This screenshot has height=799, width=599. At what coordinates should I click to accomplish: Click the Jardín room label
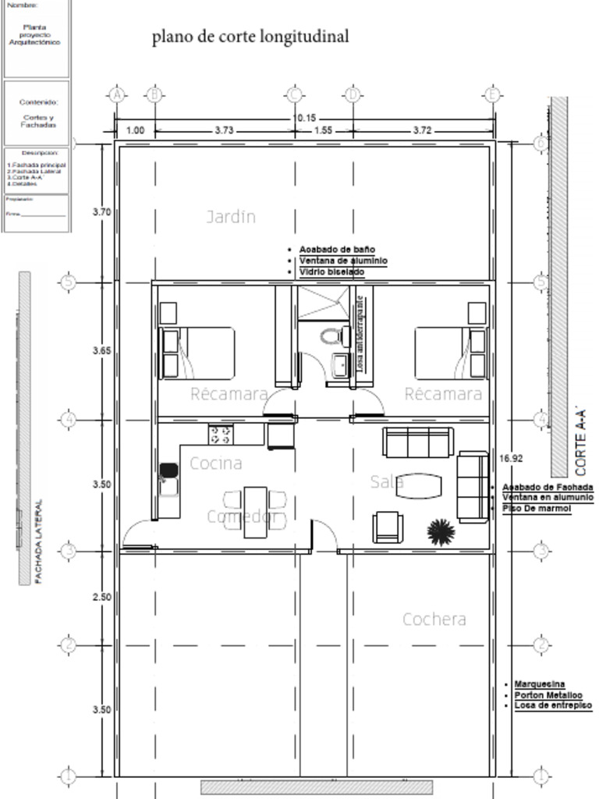(231, 217)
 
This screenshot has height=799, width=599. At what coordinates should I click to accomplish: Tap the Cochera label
(434, 620)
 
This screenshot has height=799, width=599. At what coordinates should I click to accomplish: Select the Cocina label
(216, 463)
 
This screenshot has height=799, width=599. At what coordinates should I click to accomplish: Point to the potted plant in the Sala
(441, 532)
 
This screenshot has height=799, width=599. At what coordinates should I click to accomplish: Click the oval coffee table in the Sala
(418, 485)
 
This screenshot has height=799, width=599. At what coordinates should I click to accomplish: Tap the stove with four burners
(221, 434)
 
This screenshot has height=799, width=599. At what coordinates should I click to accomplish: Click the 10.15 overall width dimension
(304, 119)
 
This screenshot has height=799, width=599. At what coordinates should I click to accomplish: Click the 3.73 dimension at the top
(224, 131)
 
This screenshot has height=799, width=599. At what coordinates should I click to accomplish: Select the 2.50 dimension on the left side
(101, 597)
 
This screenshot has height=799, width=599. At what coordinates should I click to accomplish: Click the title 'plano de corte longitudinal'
(250, 37)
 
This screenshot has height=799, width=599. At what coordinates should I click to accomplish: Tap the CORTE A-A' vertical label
(581, 441)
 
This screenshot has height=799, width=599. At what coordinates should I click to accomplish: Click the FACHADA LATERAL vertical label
(38, 542)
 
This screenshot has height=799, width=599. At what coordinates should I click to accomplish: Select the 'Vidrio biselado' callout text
(331, 272)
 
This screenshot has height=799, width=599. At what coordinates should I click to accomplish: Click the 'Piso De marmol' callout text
(537, 509)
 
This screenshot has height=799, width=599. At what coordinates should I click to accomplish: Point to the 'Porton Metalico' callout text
(548, 695)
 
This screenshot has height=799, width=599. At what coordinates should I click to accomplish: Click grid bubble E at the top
(492, 95)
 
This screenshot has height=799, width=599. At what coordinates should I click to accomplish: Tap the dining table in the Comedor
(255, 512)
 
